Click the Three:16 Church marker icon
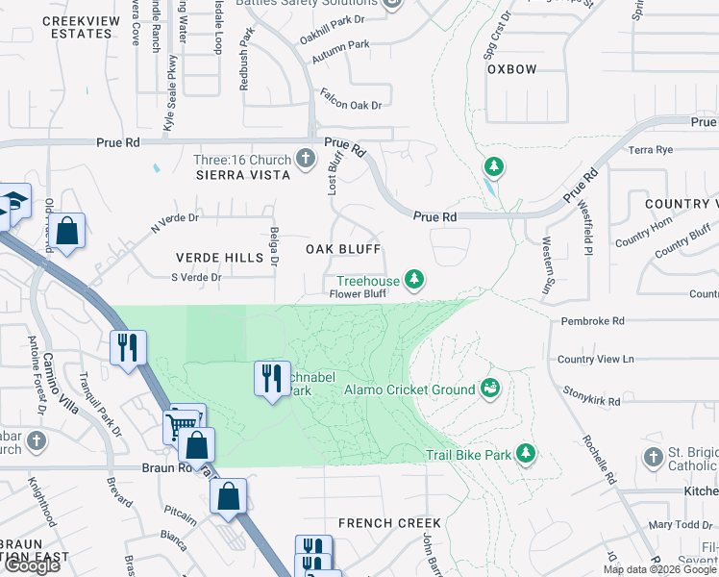point(306,158)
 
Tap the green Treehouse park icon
point(414,280)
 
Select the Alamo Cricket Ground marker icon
point(490,389)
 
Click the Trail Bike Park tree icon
point(525,452)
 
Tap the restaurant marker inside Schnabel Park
point(272,377)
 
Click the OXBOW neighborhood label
point(511,69)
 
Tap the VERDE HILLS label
point(219,258)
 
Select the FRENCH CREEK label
point(389,523)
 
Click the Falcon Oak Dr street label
point(350,105)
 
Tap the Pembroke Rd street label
point(590,320)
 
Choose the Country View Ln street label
point(596,359)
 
